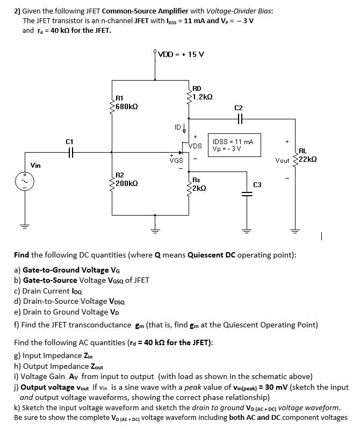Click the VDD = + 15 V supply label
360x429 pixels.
pyautogui.click(x=181, y=54)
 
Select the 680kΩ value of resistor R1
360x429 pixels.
pyautogui.click(x=127, y=106)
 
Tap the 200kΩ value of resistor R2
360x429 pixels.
pyautogui.click(x=127, y=183)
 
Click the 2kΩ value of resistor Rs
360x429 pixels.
pyautogui.click(x=199, y=188)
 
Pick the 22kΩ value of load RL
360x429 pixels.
pyautogui.click(x=308, y=160)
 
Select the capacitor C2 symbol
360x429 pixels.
pyautogui.click(x=239, y=119)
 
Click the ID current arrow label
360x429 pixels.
pyautogui.click(x=179, y=127)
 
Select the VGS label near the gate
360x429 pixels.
pyautogui.click(x=176, y=160)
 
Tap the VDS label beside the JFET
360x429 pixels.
pyautogui.click(x=196, y=146)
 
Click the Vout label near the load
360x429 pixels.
pyautogui.click(x=282, y=160)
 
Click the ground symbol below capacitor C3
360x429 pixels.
pyautogui.click(x=247, y=227)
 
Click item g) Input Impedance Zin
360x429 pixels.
pyautogui.click(x=53, y=355)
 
